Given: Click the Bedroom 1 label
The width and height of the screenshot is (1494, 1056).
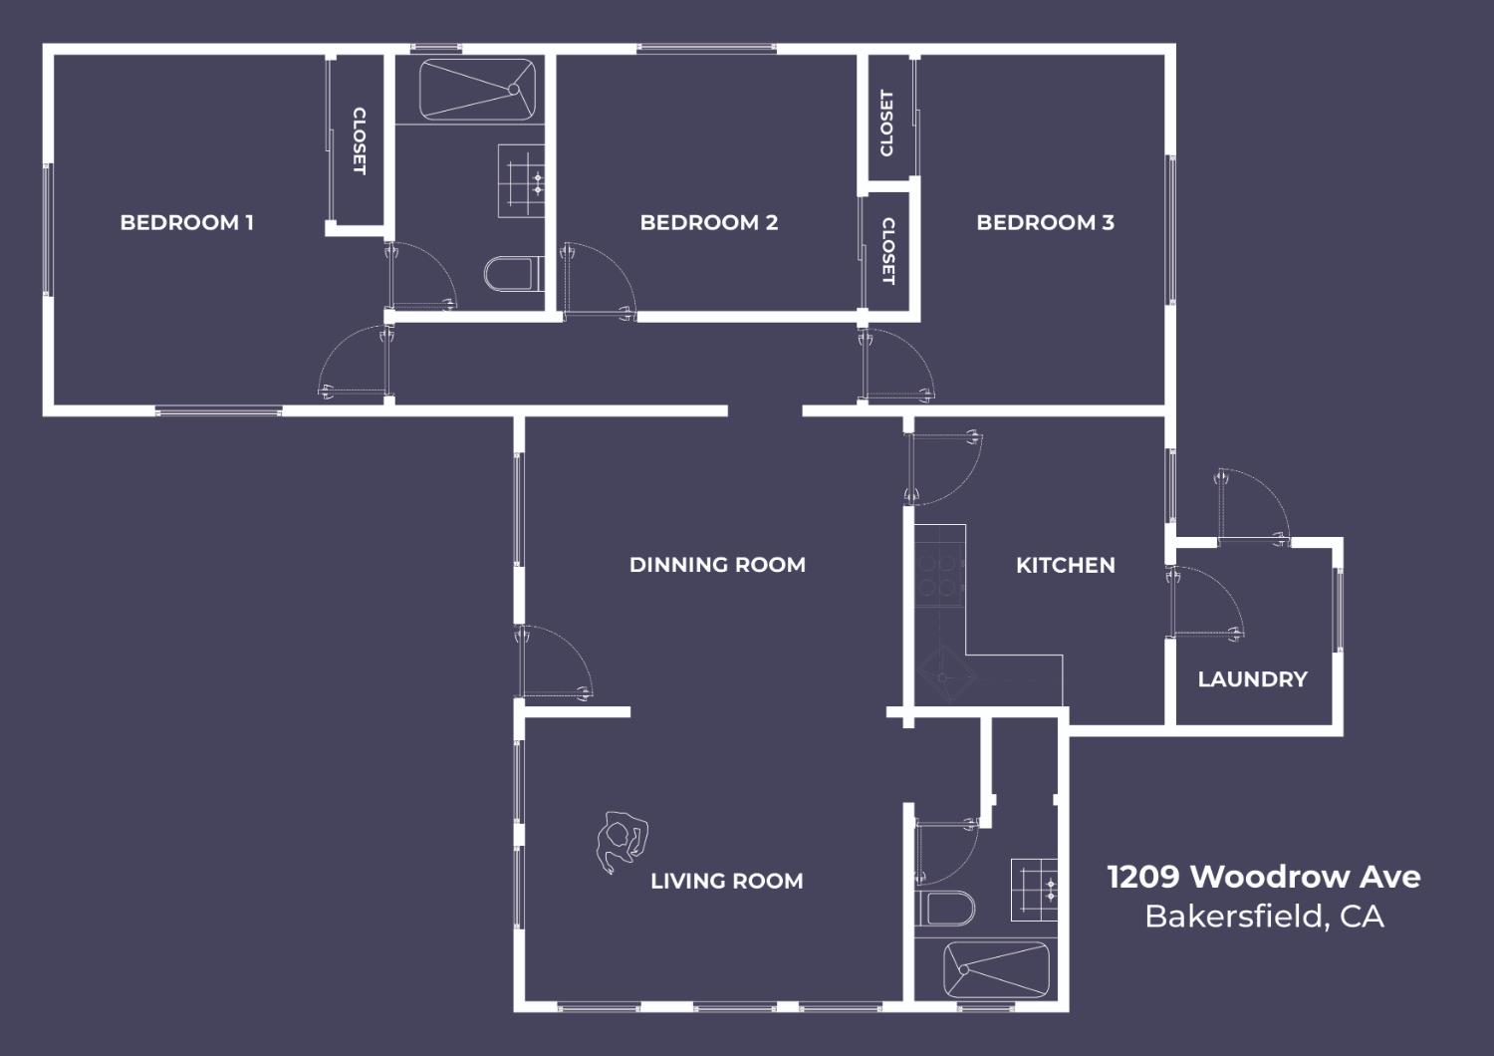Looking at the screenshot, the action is point(187,222).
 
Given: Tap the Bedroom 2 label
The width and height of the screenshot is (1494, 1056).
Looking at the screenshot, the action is point(709,222).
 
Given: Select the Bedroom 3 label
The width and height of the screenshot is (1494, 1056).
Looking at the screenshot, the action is point(1045,222).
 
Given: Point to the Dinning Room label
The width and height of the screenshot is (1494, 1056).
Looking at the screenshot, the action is point(718,565).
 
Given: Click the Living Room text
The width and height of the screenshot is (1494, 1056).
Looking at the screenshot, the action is point(727,882).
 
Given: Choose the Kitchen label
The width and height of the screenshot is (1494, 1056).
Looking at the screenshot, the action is point(1065,566).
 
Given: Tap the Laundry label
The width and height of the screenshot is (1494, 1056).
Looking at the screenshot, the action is point(1253,679).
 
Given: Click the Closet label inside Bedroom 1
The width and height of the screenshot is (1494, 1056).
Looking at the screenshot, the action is point(359,141).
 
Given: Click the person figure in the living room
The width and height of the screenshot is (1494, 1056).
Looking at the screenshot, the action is point(622,841).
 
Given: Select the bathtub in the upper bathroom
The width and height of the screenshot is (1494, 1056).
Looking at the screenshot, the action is point(477,90).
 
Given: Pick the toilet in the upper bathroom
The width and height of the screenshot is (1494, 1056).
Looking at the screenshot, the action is point(514,274).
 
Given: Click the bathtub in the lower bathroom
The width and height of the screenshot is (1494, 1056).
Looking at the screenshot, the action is point(996,969).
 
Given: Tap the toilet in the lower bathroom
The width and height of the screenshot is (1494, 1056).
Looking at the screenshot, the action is point(945,908).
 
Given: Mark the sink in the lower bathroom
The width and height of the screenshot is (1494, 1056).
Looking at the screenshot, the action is point(1035,890).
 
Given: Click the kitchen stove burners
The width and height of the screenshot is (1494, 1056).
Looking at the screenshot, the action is point(940,576).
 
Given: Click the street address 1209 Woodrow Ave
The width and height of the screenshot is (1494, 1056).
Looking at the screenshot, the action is point(1264,877).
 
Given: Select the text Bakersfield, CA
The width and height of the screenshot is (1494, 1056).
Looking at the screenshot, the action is point(1265,917).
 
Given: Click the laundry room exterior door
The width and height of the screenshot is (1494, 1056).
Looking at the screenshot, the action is point(1253,505).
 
